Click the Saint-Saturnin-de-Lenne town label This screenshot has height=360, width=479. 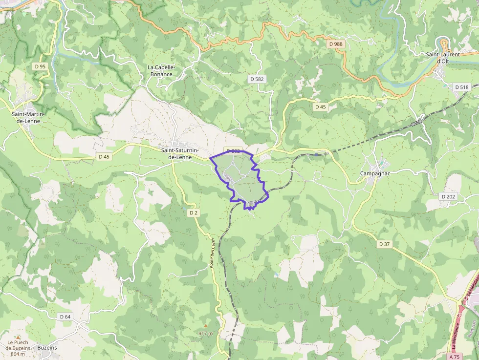(x=183, y=154)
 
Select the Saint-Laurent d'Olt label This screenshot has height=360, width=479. (x=442, y=58)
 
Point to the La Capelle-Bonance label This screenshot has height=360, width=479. (x=161, y=71)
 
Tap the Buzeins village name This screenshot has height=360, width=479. (x=46, y=348)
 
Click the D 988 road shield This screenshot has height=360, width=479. (x=336, y=44)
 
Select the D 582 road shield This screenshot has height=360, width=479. (x=257, y=79)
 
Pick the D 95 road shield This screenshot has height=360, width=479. (x=40, y=66)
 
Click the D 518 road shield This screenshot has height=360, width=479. (x=461, y=87)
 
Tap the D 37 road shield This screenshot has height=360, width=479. (x=385, y=243)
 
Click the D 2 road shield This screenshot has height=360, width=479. (x=194, y=212)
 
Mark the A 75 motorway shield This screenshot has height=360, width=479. (x=466, y=357)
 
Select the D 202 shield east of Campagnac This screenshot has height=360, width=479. (x=448, y=196)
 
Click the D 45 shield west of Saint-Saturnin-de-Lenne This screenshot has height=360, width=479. (x=104, y=157)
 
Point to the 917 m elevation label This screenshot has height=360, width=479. (x=206, y=333)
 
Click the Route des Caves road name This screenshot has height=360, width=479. (x=213, y=253)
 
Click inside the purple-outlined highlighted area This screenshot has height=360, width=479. (x=242, y=178)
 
